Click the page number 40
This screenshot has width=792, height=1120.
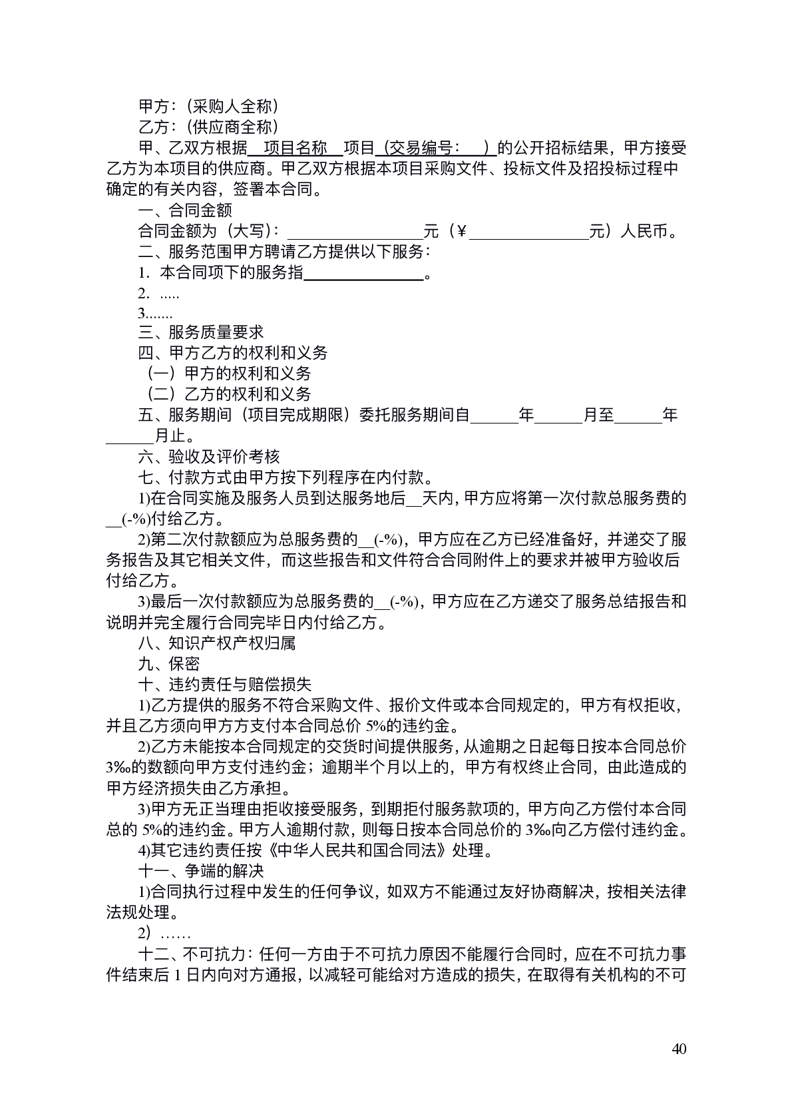[x=679, y=1050]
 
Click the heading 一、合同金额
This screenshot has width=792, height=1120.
[x=185, y=210]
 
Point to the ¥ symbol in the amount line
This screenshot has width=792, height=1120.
[x=461, y=232]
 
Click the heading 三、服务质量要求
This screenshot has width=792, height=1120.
[x=201, y=332]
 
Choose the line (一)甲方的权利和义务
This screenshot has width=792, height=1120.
[x=228, y=374]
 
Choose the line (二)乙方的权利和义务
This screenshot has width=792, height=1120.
[x=228, y=394]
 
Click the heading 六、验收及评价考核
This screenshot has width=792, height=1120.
[x=209, y=457]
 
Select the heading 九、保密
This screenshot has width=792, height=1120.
[x=169, y=664]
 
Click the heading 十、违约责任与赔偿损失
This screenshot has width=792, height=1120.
[x=225, y=685]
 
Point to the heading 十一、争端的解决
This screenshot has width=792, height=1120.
[x=201, y=871]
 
